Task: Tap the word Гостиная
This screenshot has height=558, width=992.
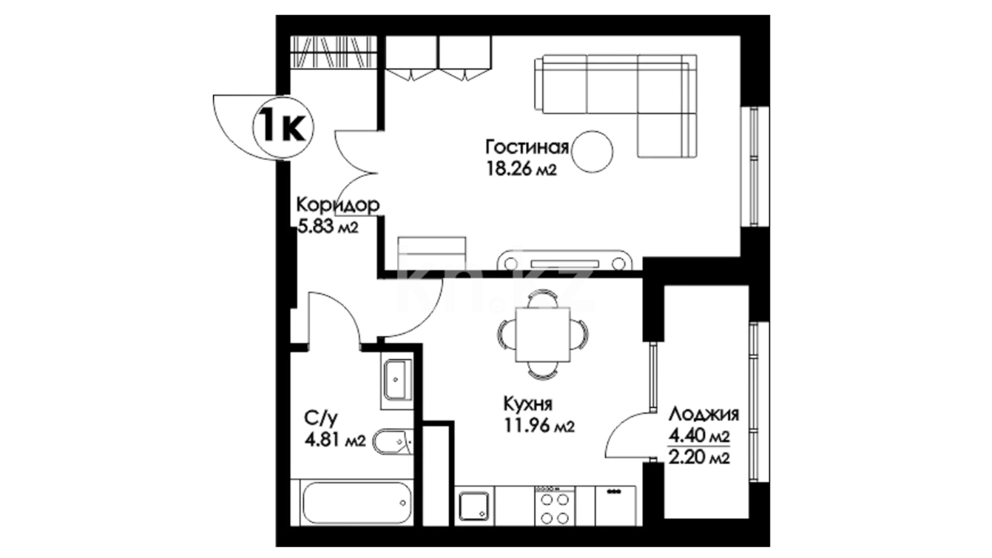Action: point(526,148)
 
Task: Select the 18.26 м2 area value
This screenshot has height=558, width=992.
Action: point(521,169)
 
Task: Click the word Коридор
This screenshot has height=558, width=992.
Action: point(338,205)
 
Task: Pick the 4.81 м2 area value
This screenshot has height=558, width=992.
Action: point(335,440)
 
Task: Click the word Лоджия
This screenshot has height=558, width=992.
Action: point(704,414)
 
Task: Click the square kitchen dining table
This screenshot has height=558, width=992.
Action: point(544,334)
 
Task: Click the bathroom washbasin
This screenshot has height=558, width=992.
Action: point(397,380)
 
